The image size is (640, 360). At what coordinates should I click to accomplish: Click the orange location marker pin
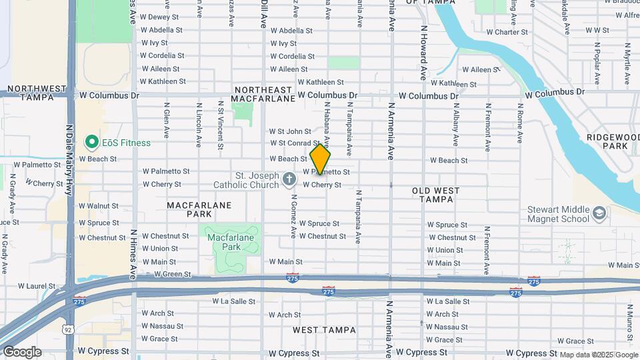pyautogui.click(x=321, y=159)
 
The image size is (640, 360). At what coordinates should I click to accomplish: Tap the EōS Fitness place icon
pyautogui.click(x=91, y=142)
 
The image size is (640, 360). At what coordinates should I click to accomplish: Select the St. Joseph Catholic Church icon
pyautogui.click(x=289, y=179)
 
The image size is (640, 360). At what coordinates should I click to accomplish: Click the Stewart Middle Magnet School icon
pyautogui.click(x=599, y=213)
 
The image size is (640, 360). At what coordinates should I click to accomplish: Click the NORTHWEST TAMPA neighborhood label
pyautogui.click(x=37, y=93)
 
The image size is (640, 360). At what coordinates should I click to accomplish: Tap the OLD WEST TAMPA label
pyautogui.click(x=436, y=195)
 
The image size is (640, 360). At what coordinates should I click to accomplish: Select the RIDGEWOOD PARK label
pyautogui.click(x=607, y=141)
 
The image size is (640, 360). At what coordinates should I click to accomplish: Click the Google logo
pyautogui.click(x=21, y=351)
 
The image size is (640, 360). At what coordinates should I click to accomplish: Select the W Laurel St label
pyautogui.click(x=37, y=286)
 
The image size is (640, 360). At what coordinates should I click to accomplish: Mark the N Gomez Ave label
pyautogui.click(x=293, y=218)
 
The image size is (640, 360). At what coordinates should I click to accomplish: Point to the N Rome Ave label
pyautogui.click(x=519, y=123)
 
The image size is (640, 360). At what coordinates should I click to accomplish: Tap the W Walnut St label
pyautogui.click(x=99, y=207)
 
